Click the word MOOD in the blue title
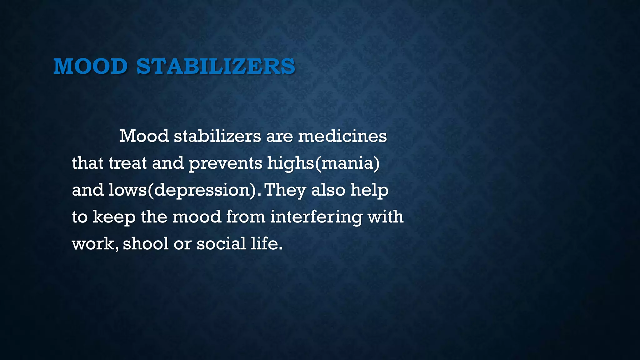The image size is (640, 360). [90, 66]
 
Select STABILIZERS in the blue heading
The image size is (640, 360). [216, 66]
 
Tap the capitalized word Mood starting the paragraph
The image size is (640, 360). [144, 136]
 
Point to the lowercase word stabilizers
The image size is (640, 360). [217, 136]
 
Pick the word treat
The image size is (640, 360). [127, 163]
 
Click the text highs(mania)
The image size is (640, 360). [323, 163]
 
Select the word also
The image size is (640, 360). [328, 190]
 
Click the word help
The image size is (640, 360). [369, 190]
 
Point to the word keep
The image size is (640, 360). [114, 217]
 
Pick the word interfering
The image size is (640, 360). [316, 217]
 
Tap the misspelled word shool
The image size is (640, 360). [146, 243]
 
